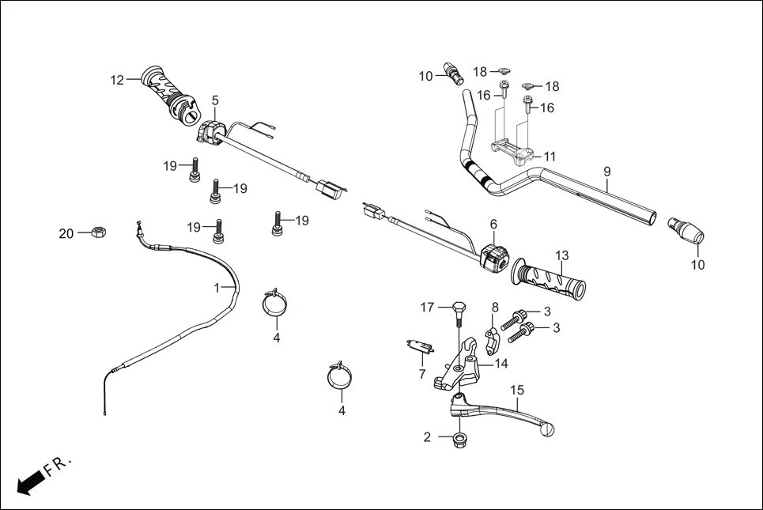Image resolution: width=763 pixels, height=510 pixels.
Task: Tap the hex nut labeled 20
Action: click(x=100, y=232)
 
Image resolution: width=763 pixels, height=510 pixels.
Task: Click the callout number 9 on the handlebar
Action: click(x=607, y=171)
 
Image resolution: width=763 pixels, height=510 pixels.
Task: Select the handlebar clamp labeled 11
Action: click(x=512, y=150)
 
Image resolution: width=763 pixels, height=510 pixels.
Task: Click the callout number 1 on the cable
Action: click(x=217, y=289)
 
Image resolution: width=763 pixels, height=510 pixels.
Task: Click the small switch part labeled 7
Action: click(x=420, y=346)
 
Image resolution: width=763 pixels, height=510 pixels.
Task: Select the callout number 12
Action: click(x=117, y=80)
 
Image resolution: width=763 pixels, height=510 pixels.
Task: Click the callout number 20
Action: click(x=66, y=233)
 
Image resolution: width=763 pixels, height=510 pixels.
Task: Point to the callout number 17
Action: click(x=427, y=308)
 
